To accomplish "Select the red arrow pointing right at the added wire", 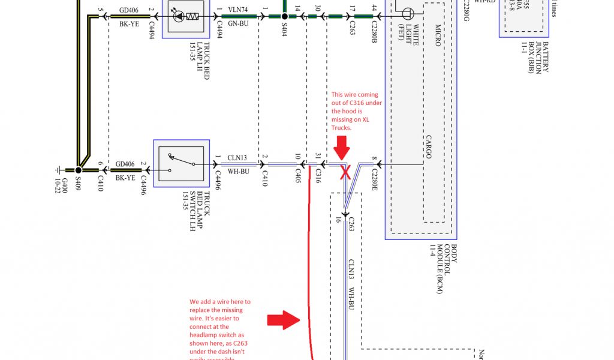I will pos(283,320).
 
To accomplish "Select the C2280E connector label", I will pos(374,179).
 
